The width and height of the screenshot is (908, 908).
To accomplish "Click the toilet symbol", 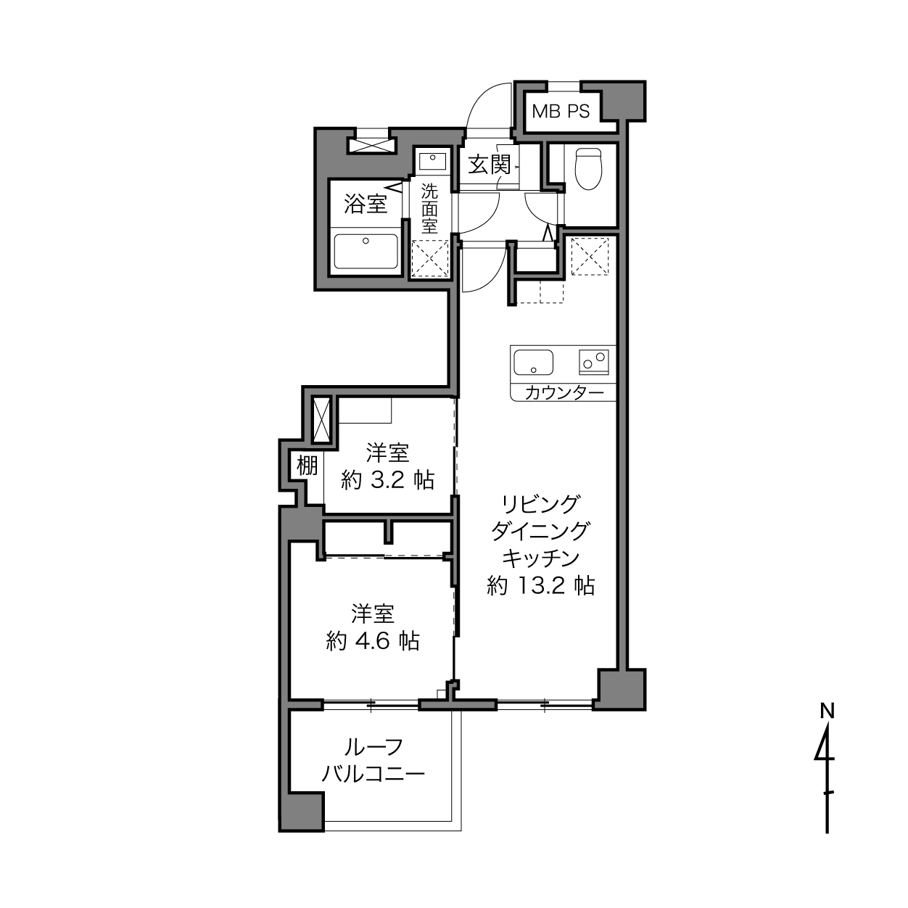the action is (589, 169).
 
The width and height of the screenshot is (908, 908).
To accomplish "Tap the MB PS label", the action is (561, 111).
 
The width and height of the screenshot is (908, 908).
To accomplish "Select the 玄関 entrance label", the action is (490, 165).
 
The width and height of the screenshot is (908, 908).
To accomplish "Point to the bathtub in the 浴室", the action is (366, 252).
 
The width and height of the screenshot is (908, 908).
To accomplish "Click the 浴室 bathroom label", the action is (366, 204).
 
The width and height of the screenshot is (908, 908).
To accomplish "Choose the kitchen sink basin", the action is (533, 363).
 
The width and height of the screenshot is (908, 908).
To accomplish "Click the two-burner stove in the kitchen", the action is (594, 362).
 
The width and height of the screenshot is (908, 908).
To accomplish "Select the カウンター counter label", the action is (564, 392).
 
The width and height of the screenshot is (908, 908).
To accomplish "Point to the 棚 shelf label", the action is (308, 466).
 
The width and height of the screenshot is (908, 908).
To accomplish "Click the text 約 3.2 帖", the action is (387, 480).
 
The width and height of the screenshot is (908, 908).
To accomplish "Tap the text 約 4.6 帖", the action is (373, 641).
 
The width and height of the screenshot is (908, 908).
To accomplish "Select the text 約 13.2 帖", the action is (540, 586).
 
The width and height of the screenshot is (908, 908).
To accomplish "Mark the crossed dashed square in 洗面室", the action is (430, 257).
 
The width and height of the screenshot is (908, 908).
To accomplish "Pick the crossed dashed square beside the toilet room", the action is (590, 256).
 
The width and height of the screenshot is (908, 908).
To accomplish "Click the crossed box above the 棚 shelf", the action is (322, 420).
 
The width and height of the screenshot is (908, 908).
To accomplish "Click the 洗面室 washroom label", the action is (429, 208).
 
